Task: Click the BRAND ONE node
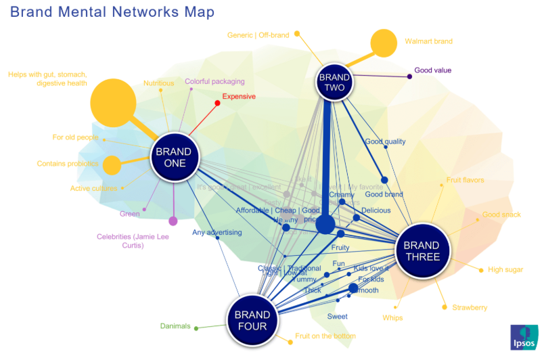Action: coord(175,157)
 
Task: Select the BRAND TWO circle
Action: coord(334,83)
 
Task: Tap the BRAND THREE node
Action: coord(422,250)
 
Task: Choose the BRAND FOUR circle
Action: coord(252,319)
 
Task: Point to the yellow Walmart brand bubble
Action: coord(383,43)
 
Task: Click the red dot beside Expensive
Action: coord(217,104)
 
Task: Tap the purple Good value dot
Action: coord(410,76)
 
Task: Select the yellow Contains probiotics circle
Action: coord(112,164)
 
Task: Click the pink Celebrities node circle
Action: coord(173,221)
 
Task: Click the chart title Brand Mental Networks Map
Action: coord(112,12)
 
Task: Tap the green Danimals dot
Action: coord(196,328)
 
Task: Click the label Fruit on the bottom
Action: coord(325,336)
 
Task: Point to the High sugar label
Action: coord(505,269)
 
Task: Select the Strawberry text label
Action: coord(470,307)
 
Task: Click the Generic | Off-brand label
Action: coord(258,35)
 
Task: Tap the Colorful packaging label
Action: coord(214,81)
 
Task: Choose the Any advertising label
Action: coord(217,233)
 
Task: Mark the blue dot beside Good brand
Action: coord(384,180)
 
